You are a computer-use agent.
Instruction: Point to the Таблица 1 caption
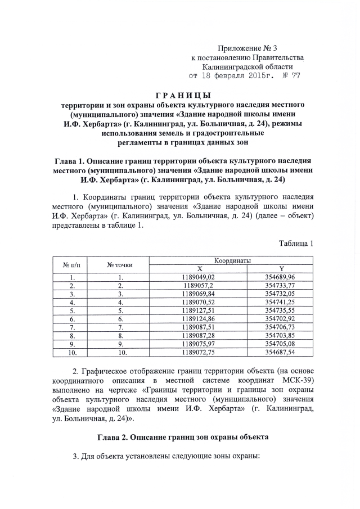point(295,243)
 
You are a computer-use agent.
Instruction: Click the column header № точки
point(120,264)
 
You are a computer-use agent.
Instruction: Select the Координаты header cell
point(232,260)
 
